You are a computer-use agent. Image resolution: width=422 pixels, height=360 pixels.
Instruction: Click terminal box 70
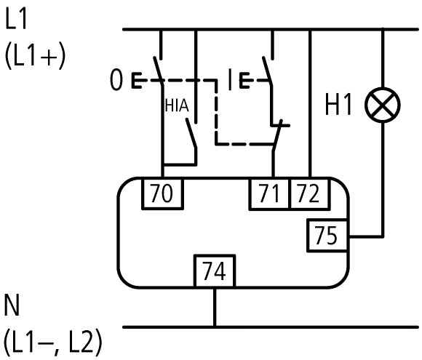click(163, 193)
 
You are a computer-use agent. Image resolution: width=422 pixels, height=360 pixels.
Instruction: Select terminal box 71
click(269, 193)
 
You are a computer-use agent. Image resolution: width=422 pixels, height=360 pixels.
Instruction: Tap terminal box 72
click(309, 193)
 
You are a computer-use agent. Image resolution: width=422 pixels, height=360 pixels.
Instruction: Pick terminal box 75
click(327, 236)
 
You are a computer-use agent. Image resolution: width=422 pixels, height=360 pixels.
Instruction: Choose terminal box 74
click(215, 271)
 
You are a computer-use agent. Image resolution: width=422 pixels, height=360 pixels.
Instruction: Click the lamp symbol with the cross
click(383, 105)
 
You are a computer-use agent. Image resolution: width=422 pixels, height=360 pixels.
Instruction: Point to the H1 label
click(338, 105)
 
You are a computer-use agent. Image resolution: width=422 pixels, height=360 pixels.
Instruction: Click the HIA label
click(177, 105)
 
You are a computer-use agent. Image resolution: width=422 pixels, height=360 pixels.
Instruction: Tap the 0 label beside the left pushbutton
click(116, 80)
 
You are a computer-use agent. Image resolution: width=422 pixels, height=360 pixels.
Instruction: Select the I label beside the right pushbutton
click(230, 79)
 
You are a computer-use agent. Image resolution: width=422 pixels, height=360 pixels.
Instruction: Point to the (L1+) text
click(35, 56)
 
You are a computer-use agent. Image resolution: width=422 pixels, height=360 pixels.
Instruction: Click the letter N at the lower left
click(12, 305)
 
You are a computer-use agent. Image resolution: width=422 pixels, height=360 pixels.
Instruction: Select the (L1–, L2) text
click(53, 342)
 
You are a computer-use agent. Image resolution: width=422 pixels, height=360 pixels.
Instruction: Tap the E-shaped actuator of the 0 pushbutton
click(137, 80)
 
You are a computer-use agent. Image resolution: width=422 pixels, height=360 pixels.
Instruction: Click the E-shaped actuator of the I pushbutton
click(244, 80)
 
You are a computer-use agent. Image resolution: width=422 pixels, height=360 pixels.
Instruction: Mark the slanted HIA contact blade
click(191, 133)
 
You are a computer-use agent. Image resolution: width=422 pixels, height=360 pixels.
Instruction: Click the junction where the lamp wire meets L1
click(383, 29)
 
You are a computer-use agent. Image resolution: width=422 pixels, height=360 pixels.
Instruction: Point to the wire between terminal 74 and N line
click(215, 308)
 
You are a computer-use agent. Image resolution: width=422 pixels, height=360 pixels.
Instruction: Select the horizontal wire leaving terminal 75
click(365, 236)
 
